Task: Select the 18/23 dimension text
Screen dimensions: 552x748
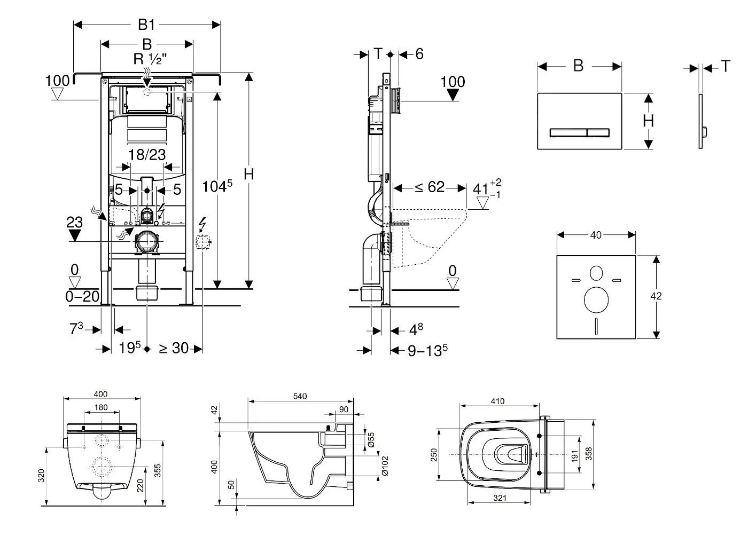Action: pos(147,155)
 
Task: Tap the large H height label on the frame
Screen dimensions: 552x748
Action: pos(248,174)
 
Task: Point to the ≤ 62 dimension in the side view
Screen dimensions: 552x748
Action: pos(430,187)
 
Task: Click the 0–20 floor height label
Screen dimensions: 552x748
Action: pos(82,296)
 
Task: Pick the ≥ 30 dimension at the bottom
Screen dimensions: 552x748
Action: pos(174,349)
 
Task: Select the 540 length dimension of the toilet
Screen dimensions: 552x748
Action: pos(300,397)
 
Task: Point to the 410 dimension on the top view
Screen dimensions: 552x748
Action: pos(497,401)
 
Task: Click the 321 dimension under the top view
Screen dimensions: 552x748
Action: pos(499,498)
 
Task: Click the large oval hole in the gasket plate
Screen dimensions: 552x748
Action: pos(596,301)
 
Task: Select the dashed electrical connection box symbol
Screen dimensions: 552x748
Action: pos(202,243)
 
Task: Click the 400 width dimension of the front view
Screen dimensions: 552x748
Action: pos(101,395)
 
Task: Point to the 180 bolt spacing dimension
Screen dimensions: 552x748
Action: pos(101,407)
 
